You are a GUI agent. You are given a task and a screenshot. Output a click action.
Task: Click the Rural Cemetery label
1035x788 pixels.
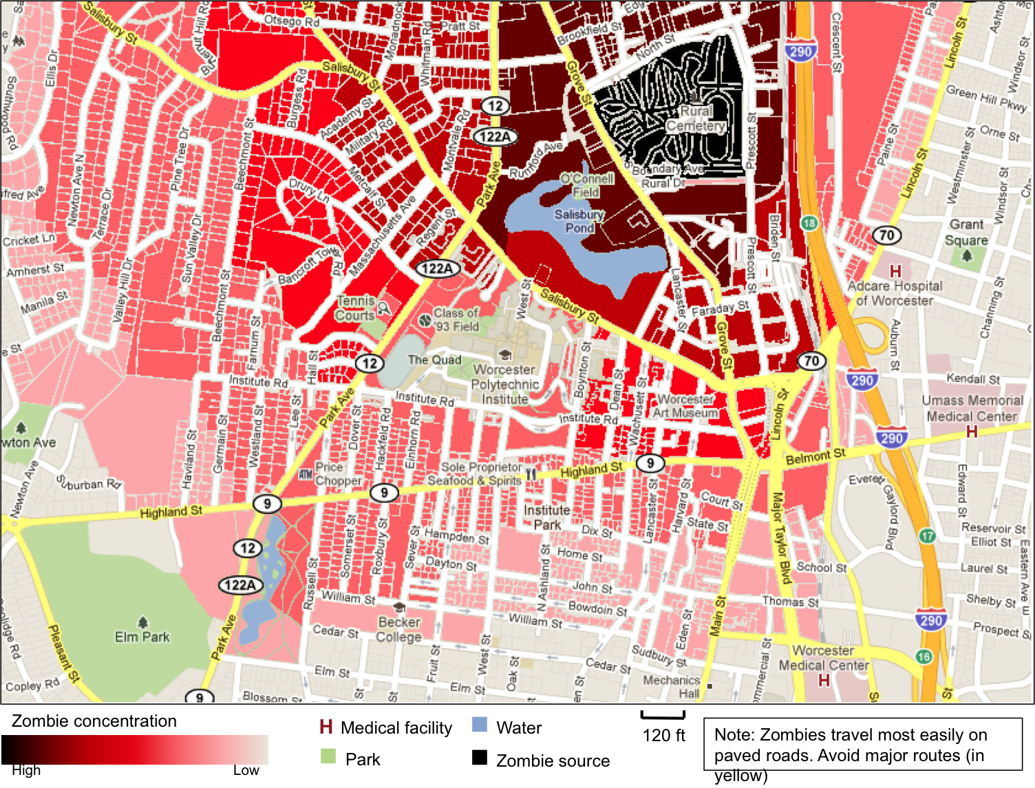696,118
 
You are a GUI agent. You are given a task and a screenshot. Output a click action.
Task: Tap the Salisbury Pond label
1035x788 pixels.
579,221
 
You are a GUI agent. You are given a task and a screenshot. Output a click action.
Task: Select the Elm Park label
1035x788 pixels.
142,637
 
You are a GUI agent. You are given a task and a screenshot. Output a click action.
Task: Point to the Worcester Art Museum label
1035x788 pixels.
685,406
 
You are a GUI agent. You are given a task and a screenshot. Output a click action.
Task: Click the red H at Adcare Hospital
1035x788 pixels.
895,271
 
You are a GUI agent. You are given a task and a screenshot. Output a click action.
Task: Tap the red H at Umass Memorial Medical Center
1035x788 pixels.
972,432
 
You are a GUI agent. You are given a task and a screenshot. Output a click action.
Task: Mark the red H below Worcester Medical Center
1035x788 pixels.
824,681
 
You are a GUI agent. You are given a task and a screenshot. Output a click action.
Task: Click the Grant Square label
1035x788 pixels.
966,232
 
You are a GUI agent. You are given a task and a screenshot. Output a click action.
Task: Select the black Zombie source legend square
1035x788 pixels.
480,757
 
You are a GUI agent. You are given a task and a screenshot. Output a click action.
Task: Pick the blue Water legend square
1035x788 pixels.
480,725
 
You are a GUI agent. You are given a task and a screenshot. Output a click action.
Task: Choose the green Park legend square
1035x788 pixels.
328,756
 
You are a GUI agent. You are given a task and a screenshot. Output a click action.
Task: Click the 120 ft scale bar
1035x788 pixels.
663,716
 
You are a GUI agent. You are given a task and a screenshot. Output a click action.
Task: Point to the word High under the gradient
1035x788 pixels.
26,770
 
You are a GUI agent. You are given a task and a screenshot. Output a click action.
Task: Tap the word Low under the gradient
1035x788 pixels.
246,770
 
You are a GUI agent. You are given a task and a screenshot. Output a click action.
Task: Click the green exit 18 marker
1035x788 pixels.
809,223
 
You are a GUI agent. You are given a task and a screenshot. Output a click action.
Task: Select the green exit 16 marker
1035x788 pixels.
924,657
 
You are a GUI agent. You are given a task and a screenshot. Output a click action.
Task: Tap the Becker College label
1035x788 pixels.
398,629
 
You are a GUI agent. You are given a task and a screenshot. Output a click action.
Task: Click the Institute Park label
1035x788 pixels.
547,518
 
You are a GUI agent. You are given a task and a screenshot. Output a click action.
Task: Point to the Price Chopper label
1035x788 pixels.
338,473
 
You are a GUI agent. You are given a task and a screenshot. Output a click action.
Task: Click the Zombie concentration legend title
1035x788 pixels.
94,721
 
